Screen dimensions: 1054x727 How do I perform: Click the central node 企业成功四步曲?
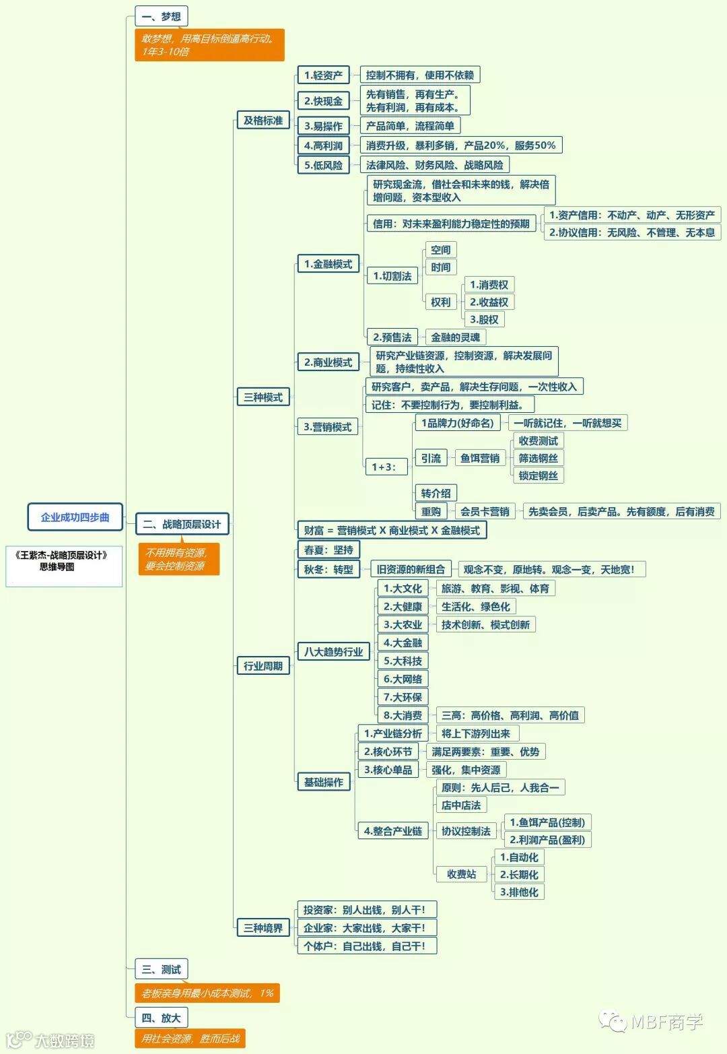coord(75,517)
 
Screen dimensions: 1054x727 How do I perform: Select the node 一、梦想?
coord(161,16)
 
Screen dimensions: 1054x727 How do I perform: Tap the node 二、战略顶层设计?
coord(182,524)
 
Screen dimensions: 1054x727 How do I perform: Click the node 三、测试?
coord(161,969)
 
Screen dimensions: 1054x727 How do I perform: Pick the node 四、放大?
coord(161,1018)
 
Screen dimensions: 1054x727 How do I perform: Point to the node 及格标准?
coord(263,121)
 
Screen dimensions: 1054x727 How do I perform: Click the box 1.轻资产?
coord(323,75)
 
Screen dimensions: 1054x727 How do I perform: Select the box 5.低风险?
coord(323,165)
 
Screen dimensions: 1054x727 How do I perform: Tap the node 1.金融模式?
coord(328,264)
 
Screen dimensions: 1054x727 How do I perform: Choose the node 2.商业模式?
coord(328,362)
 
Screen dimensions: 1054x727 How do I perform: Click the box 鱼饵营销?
coord(480,458)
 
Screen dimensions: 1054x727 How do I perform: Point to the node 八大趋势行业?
coord(333,651)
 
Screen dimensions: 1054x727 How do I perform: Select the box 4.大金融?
coord(403,643)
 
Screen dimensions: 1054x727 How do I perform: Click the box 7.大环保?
coord(403,697)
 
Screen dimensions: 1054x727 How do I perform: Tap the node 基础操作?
coord(323,782)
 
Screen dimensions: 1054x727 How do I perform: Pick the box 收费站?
coord(461,874)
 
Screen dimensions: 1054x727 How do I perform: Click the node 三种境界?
coord(263,928)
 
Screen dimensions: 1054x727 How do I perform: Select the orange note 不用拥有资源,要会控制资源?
coord(178,560)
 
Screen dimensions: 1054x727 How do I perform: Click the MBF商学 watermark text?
coord(666,1022)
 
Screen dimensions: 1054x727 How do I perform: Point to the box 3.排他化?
coord(518,892)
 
